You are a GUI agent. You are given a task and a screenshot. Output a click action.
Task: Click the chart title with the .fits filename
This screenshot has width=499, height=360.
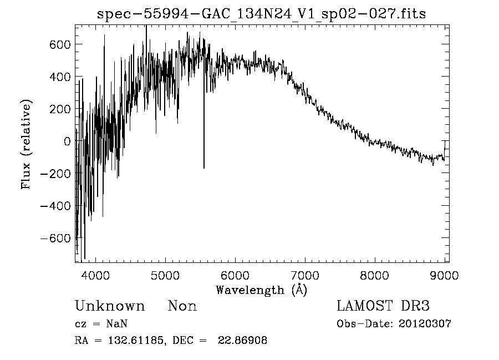[x=261, y=14]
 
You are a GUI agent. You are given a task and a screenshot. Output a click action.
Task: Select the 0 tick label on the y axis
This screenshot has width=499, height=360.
[x=67, y=141]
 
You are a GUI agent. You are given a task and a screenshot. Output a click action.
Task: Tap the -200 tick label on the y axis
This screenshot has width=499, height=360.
[x=55, y=174]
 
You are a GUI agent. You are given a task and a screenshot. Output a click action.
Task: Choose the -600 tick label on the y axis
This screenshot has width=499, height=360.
[x=55, y=238]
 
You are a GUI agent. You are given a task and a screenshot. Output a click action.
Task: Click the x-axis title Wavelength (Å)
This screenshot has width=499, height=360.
[x=261, y=290]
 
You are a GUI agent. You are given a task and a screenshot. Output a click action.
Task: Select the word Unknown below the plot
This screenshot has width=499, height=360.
[x=110, y=306]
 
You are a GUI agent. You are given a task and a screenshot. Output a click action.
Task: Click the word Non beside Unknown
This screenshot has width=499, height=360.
[x=182, y=306]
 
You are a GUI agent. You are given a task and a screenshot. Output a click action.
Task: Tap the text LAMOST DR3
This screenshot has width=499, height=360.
[x=383, y=306]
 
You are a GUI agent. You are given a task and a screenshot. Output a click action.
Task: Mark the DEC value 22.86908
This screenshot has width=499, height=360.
[x=242, y=341]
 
